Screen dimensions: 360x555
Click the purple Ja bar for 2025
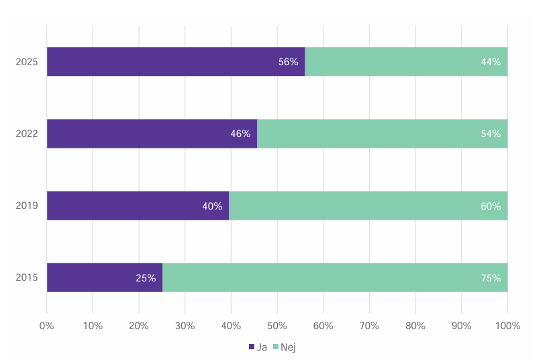pyautogui.click(x=161, y=62)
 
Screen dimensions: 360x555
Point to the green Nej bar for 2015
pyautogui.click(x=322, y=277)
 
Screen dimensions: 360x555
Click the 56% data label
pyautogui.click(x=288, y=62)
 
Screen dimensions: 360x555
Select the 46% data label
pyautogui.click(x=240, y=134)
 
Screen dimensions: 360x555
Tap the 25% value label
pyautogui.click(x=146, y=277)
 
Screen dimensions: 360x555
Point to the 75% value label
pyautogui.click(x=491, y=277)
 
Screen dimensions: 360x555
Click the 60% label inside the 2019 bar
pyautogui.click(x=491, y=206)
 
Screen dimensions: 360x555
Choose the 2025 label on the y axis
pyautogui.click(x=27, y=62)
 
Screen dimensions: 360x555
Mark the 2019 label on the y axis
pyautogui.click(x=27, y=206)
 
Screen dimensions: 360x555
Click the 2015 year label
pyautogui.click(x=27, y=277)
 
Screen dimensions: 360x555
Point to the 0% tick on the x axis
pyautogui.click(x=46, y=326)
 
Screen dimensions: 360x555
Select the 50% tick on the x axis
pyautogui.click(x=277, y=326)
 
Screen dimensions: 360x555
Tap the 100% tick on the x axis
pyautogui.click(x=507, y=326)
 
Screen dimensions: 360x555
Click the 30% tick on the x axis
pyautogui.click(x=185, y=326)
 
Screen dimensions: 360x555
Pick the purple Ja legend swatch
pyautogui.click(x=252, y=347)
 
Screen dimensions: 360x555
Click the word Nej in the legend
pyautogui.click(x=288, y=347)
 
